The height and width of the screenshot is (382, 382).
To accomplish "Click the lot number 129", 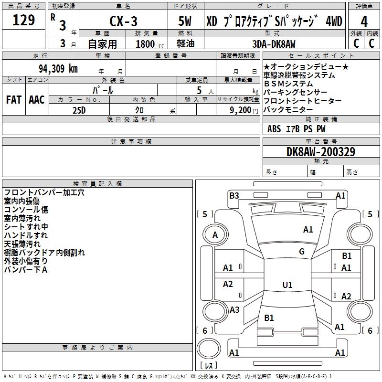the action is pyautogui.click(x=23, y=20).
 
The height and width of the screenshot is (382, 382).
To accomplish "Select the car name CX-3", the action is pyautogui.click(x=123, y=21).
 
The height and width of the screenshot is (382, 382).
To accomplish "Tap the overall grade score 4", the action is pyautogui.click(x=364, y=22).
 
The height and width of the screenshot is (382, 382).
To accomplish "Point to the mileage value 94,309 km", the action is pyautogui.click(x=58, y=69).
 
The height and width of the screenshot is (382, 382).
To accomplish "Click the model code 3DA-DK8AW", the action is pyautogui.click(x=274, y=44).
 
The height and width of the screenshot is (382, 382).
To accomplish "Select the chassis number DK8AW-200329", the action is pyautogui.click(x=321, y=152).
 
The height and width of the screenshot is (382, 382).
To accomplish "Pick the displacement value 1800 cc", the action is pyautogui.click(x=150, y=44).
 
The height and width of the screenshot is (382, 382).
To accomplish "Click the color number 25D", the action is pyautogui.click(x=79, y=110).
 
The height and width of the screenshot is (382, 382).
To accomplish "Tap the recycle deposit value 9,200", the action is pyautogui.click(x=240, y=110).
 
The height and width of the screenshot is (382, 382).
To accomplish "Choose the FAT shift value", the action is pyautogui.click(x=14, y=100).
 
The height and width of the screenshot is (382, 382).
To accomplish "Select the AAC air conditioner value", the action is pyautogui.click(x=37, y=100).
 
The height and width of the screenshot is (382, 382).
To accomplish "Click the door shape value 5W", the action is pyautogui.click(x=185, y=21).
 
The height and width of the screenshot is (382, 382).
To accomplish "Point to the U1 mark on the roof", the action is pyautogui.click(x=287, y=285).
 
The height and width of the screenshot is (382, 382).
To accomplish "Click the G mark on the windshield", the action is pyautogui.click(x=302, y=252).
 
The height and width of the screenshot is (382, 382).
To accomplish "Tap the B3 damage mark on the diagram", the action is pyautogui.click(x=234, y=196).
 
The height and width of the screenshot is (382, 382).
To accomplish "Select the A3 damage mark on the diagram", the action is pyautogui.click(x=234, y=310).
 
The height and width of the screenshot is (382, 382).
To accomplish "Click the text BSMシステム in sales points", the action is pyautogui.click(x=288, y=84).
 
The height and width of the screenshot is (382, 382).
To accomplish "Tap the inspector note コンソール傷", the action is pyautogui.click(x=26, y=210).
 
